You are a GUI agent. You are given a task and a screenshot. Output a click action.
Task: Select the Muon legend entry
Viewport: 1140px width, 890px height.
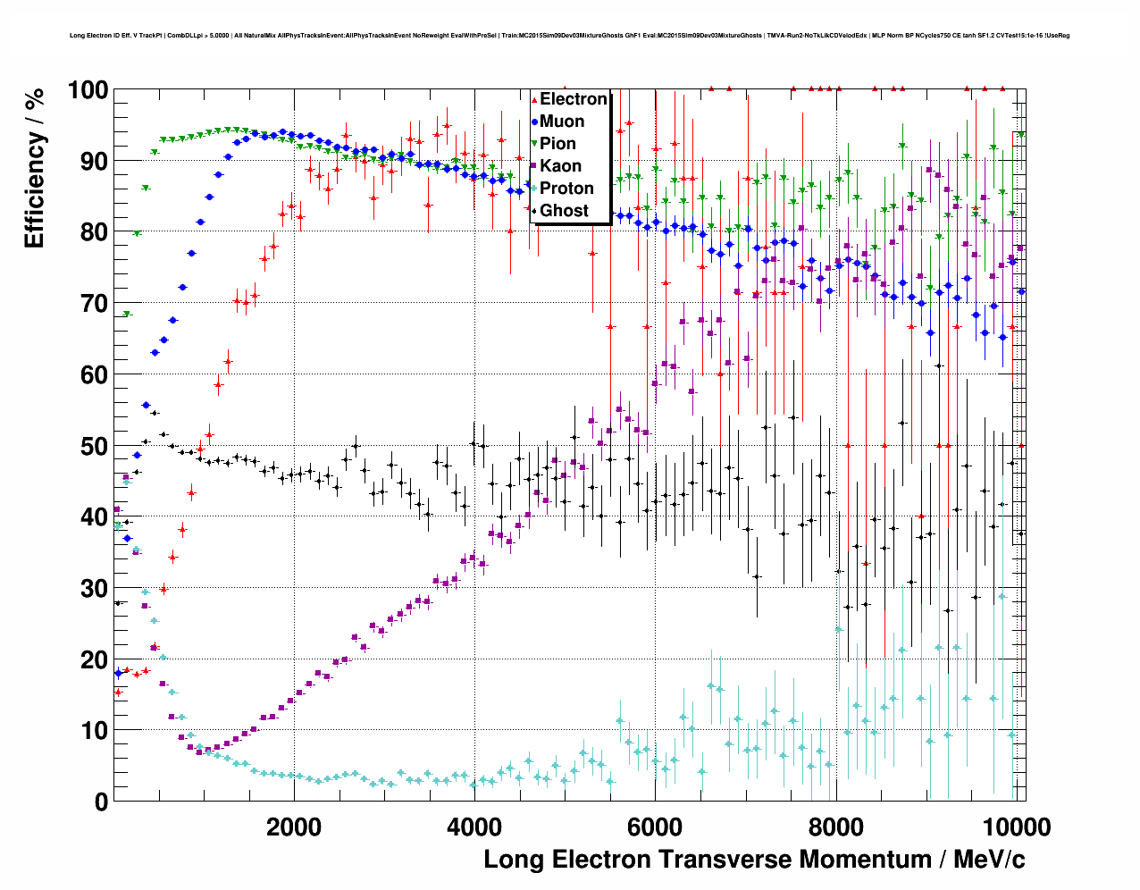tap(562, 122)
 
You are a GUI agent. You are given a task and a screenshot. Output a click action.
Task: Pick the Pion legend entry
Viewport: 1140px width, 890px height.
tap(558, 144)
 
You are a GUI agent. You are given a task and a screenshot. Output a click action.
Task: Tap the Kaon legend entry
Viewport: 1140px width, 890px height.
tap(560, 166)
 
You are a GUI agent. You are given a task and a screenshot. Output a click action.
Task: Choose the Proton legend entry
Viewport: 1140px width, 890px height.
tap(566, 189)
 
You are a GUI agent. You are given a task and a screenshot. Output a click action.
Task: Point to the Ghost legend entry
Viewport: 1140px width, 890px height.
tap(564, 211)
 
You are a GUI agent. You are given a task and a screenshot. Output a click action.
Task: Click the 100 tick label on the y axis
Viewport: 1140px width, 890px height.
tap(88, 90)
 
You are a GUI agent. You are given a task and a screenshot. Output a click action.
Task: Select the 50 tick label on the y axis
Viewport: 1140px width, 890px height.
tap(94, 446)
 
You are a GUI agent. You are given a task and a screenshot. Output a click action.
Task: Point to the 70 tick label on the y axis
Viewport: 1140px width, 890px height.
tap(94, 304)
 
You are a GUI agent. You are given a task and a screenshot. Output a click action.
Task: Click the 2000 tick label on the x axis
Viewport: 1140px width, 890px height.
tap(294, 827)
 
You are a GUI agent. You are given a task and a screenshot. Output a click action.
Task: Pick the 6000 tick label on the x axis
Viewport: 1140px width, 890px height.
tap(655, 827)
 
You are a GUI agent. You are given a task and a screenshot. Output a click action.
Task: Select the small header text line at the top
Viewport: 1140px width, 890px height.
tap(569, 36)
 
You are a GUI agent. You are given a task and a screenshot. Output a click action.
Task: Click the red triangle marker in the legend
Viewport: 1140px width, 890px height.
tap(534, 99)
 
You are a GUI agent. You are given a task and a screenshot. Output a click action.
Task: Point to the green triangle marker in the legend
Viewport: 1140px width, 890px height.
tap(534, 144)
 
